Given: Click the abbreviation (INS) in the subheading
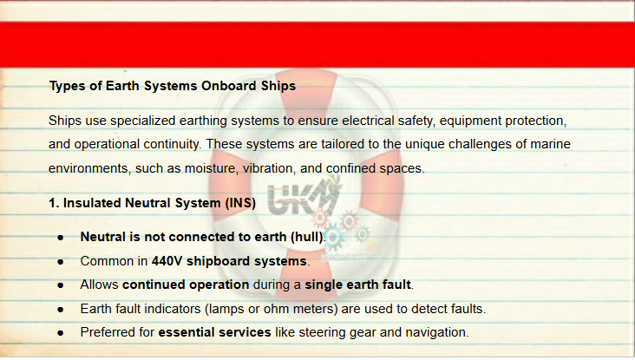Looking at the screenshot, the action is tap(240, 203).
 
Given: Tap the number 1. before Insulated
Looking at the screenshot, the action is tap(54, 203).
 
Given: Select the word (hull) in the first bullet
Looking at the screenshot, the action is tap(307, 237).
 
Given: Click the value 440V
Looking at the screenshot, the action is tap(167, 261).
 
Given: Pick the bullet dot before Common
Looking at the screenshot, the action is tap(61, 262).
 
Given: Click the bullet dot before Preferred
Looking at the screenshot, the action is tap(61, 333).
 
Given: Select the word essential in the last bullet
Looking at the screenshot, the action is tap(186, 332).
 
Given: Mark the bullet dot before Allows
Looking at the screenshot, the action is tap(61, 285).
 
